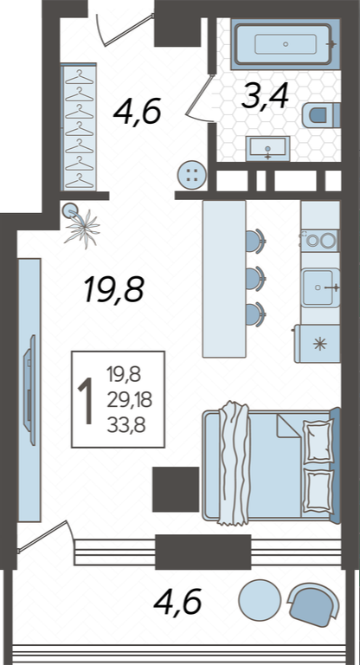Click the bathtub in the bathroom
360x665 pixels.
pyautogui.click(x=286, y=43)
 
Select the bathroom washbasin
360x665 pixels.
pyautogui.click(x=268, y=148)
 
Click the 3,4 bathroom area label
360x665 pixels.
pyautogui.click(x=265, y=96)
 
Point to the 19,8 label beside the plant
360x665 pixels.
pyautogui.click(x=114, y=289)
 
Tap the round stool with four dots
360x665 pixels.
pyautogui.click(x=192, y=174)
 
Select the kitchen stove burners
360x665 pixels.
pyautogui.click(x=319, y=241)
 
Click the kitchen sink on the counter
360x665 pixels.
pyautogui.click(x=320, y=287)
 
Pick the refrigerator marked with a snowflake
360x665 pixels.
pyautogui.click(x=318, y=344)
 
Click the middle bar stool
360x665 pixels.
pyautogui.click(x=255, y=278)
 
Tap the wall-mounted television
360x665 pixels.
pyautogui.click(x=30, y=390)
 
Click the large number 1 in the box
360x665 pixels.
pyautogui.click(x=86, y=401)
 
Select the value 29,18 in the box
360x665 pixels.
pyautogui.click(x=129, y=400)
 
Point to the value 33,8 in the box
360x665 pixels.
pyautogui.click(x=126, y=425)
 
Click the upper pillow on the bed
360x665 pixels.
pyautogui.click(x=318, y=441)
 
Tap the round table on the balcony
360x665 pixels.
pyautogui.click(x=260, y=600)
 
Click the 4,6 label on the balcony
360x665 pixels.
pyautogui.click(x=177, y=602)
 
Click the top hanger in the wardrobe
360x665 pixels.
pyautogui.click(x=80, y=78)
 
